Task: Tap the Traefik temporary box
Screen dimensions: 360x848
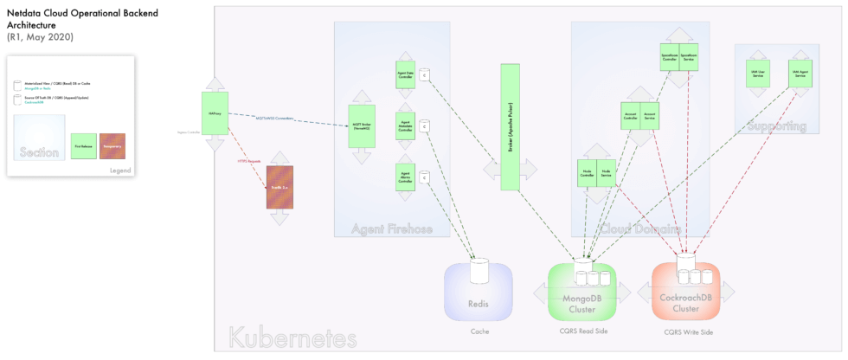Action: click(279, 187)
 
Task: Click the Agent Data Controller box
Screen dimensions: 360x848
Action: click(405, 75)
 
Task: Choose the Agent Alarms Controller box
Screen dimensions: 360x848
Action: click(405, 177)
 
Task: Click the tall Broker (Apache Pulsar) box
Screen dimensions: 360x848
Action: click(509, 126)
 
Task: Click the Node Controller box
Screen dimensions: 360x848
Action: click(587, 173)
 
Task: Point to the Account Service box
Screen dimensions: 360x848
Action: click(650, 115)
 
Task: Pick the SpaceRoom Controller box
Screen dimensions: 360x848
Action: click(670, 55)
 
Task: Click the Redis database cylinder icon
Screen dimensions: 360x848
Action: click(479, 272)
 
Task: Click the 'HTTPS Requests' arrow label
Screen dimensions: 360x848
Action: click(248, 161)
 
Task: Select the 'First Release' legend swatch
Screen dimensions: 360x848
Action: click(84, 146)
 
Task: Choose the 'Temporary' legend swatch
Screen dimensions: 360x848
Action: click(112, 146)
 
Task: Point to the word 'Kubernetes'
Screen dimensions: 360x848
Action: click(292, 337)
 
